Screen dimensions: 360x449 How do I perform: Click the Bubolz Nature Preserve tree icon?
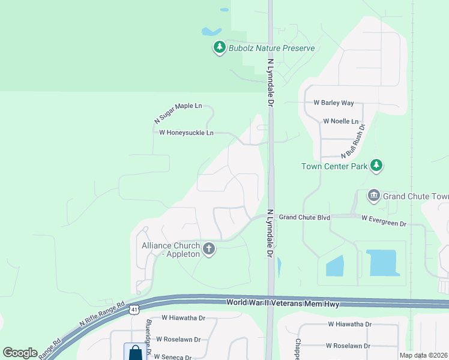pos(220,47)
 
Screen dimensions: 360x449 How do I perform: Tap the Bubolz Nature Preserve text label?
pos(271,48)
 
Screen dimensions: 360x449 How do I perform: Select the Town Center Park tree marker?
pos(376,165)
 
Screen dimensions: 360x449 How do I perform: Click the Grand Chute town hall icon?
pos(373,196)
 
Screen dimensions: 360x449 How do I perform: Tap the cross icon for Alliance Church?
pos(209,249)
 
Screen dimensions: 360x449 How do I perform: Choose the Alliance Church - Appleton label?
pos(170,250)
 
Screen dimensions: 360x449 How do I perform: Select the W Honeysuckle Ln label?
pos(186,133)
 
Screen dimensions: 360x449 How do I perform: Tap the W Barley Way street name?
pos(334,103)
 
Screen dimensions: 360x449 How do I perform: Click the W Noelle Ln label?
pos(340,121)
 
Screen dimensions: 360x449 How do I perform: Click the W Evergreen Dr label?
pos(384,221)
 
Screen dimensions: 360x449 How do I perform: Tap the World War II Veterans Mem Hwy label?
pos(283,304)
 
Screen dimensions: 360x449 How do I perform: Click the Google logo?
pos(20,353)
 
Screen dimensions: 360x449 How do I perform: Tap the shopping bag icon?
pos(135,352)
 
